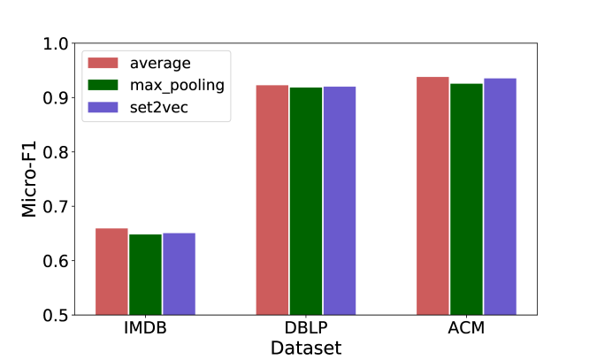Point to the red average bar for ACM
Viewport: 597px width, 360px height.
(432, 195)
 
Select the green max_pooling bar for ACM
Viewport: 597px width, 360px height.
(466, 199)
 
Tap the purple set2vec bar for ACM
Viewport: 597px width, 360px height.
(500, 196)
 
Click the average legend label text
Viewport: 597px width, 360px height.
(160, 63)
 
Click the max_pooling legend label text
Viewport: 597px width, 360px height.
(176, 86)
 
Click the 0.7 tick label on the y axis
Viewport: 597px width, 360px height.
(56, 206)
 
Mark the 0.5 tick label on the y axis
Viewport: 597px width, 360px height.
(56, 315)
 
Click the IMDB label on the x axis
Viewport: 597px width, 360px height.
(146, 330)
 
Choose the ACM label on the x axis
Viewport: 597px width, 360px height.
(466, 330)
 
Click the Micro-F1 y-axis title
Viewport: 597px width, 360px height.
(29, 179)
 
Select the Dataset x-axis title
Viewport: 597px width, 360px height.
(305, 348)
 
